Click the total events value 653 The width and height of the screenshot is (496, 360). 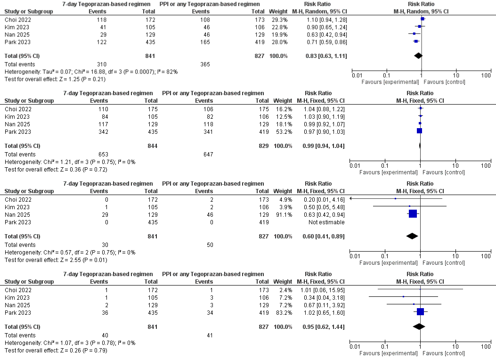tap(103, 155)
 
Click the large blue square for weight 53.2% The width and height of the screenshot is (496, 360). tap(419, 131)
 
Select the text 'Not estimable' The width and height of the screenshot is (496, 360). tap(326, 222)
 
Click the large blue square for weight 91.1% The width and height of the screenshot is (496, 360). tap(413, 213)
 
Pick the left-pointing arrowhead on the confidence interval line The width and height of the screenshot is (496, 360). tap(351, 198)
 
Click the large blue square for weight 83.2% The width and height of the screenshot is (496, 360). tap(420, 311)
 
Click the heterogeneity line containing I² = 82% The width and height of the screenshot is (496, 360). tap(91, 72)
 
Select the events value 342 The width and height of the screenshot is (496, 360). tap(103, 132)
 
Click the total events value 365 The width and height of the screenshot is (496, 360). tap(205, 64)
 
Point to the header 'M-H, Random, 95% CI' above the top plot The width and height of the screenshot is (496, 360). tap(421, 11)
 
